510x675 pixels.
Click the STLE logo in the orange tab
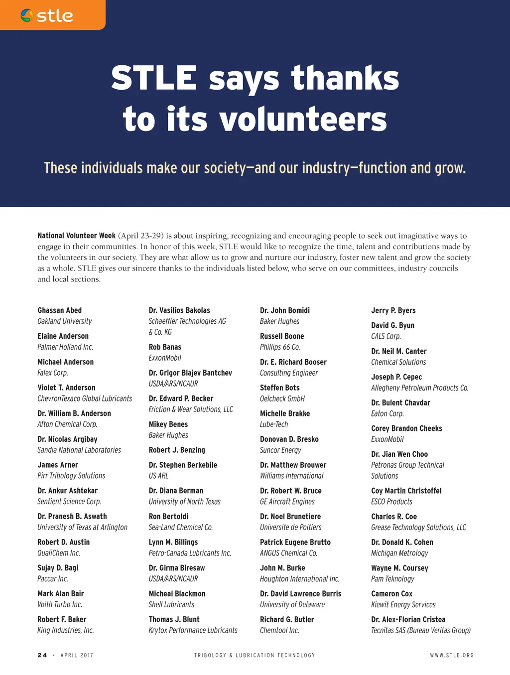[47, 15]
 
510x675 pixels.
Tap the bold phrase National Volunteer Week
[76, 236]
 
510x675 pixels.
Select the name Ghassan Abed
[59, 310]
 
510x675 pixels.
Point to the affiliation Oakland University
[64, 321]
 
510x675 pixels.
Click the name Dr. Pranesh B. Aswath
[72, 517]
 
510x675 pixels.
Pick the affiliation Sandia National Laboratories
[79, 450]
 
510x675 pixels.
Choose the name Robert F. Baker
[62, 619]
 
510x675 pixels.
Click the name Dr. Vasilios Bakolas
[179, 310]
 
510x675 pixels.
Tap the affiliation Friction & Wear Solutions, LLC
[191, 409]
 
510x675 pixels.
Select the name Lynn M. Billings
[173, 542]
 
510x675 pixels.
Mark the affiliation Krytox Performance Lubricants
[193, 630]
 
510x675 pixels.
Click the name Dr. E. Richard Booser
[293, 362]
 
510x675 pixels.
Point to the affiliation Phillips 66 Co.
[280, 347]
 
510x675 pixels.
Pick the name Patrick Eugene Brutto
[295, 542]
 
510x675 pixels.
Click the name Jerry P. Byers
[393, 310]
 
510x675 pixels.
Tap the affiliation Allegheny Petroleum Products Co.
[419, 388]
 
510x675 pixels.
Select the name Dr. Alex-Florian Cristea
[408, 619]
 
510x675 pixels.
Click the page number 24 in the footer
[42, 655]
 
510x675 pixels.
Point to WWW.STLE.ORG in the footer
[452, 655]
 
